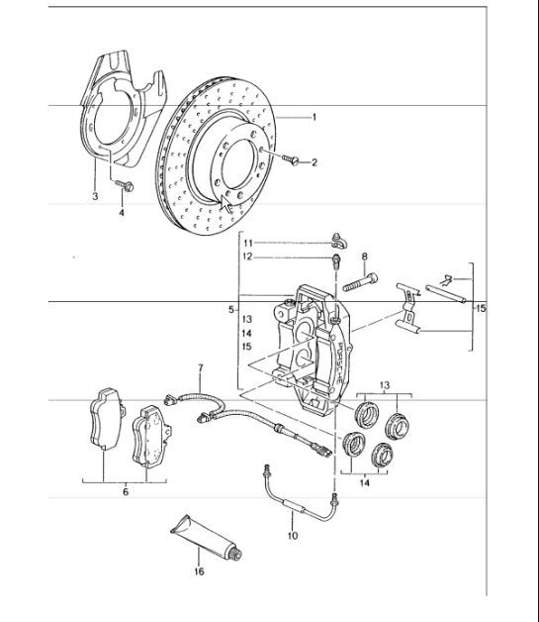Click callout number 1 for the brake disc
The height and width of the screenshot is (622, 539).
point(314,117)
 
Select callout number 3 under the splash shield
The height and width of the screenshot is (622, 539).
point(94,197)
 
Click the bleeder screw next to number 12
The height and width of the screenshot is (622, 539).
point(337,260)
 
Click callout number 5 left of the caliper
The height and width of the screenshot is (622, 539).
point(230,309)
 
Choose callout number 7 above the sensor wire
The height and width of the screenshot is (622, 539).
point(200,368)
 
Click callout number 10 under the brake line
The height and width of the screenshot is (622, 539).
point(292,536)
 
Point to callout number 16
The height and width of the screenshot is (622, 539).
point(198,571)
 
